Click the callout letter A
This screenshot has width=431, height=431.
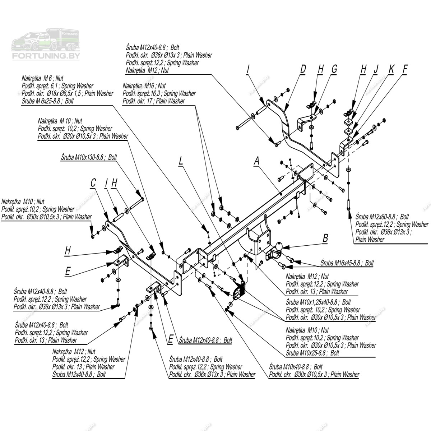256,161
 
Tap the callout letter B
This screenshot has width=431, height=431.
325,237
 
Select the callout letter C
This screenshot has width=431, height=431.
93,183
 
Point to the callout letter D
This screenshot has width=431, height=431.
303,69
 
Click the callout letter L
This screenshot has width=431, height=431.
181,161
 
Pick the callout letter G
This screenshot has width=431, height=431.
334,69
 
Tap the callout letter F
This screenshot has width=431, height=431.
405,69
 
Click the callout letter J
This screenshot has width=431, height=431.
376,69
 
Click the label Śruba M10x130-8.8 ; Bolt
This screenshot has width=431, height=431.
89,157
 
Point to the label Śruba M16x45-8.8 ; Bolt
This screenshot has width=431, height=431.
347,263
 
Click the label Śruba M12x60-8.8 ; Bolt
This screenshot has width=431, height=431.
382,217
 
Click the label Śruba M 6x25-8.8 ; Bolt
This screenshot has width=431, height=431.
47,101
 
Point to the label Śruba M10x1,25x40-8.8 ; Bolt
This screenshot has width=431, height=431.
318,302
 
